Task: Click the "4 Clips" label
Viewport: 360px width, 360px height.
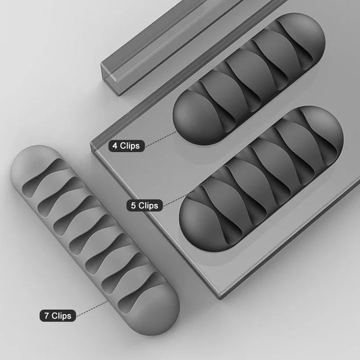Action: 126,145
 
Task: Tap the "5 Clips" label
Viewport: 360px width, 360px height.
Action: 143,205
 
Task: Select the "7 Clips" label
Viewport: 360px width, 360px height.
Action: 57,315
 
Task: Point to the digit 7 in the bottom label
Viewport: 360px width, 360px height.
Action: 44,315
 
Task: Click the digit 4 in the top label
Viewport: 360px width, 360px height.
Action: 114,145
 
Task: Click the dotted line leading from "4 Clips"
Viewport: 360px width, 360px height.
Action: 160,138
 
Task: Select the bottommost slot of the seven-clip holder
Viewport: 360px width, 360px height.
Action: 138,287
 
